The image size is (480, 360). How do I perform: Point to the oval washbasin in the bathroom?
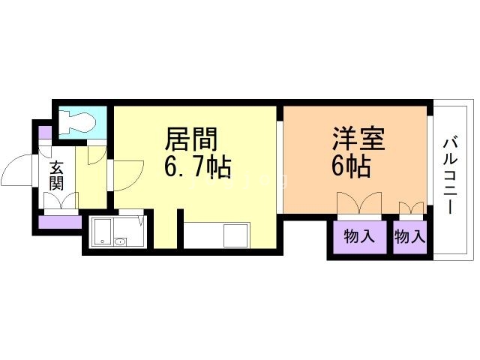[x=120, y=241]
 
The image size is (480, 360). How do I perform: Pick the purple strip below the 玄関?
[x=59, y=222]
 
